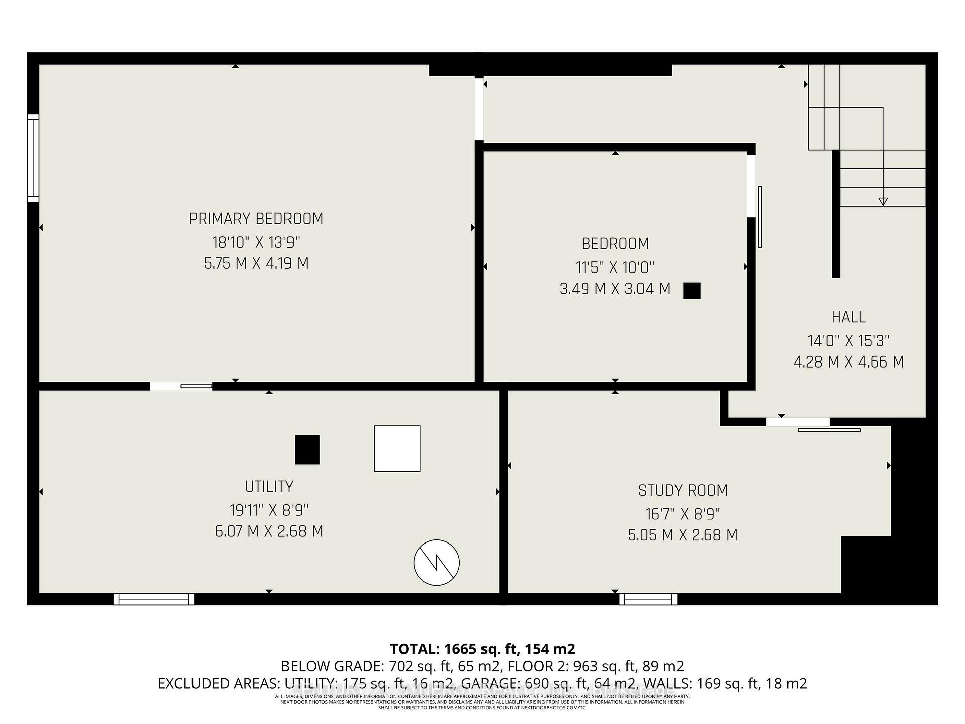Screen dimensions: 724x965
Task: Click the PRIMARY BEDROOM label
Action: click(x=256, y=219)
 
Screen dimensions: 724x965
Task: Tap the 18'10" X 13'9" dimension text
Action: click(x=256, y=242)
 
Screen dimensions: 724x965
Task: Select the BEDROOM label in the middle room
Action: click(x=615, y=244)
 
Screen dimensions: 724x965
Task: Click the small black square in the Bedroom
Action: click(x=692, y=291)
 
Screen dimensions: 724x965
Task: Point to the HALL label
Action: click(x=848, y=317)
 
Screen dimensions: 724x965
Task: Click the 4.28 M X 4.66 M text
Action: click(x=848, y=362)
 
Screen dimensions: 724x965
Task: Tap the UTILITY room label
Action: click(x=269, y=487)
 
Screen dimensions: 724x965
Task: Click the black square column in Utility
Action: click(x=307, y=449)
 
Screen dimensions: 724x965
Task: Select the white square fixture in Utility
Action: click(x=397, y=448)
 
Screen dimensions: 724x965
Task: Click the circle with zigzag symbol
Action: click(x=437, y=563)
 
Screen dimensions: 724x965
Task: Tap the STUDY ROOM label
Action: click(x=683, y=490)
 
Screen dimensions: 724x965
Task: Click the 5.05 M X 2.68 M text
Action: click(x=683, y=535)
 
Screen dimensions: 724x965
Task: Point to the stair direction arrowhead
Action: click(x=883, y=202)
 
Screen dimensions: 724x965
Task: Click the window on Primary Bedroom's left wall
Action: click(x=33, y=158)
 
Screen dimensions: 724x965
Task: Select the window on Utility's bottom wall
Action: click(x=154, y=599)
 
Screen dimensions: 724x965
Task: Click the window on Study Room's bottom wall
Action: click(x=648, y=599)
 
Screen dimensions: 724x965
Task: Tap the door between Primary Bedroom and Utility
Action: click(x=181, y=386)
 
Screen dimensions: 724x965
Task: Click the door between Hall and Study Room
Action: click(x=798, y=422)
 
